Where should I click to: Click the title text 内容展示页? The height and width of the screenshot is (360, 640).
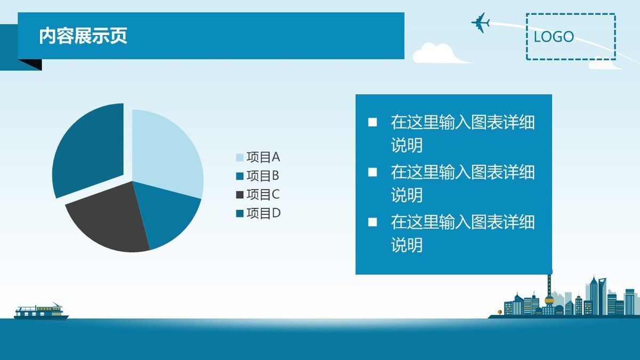point(83,36)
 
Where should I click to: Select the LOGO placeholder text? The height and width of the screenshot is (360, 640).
point(554,37)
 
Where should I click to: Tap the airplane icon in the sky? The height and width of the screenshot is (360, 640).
point(481,22)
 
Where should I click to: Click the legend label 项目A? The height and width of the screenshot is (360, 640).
point(263,157)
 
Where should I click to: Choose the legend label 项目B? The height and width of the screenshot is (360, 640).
point(263,176)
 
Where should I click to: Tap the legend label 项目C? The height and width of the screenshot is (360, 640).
point(263,195)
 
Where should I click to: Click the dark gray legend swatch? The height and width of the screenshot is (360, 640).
point(239,195)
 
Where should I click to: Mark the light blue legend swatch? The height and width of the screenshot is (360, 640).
point(239,157)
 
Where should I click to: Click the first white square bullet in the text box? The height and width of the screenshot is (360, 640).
point(372,123)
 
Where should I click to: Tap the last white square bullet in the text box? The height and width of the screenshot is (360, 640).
point(372,222)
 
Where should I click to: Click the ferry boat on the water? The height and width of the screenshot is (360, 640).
point(40,311)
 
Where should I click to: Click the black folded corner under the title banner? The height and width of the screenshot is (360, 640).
point(30,64)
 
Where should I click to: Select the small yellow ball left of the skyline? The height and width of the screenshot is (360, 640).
point(500,312)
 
